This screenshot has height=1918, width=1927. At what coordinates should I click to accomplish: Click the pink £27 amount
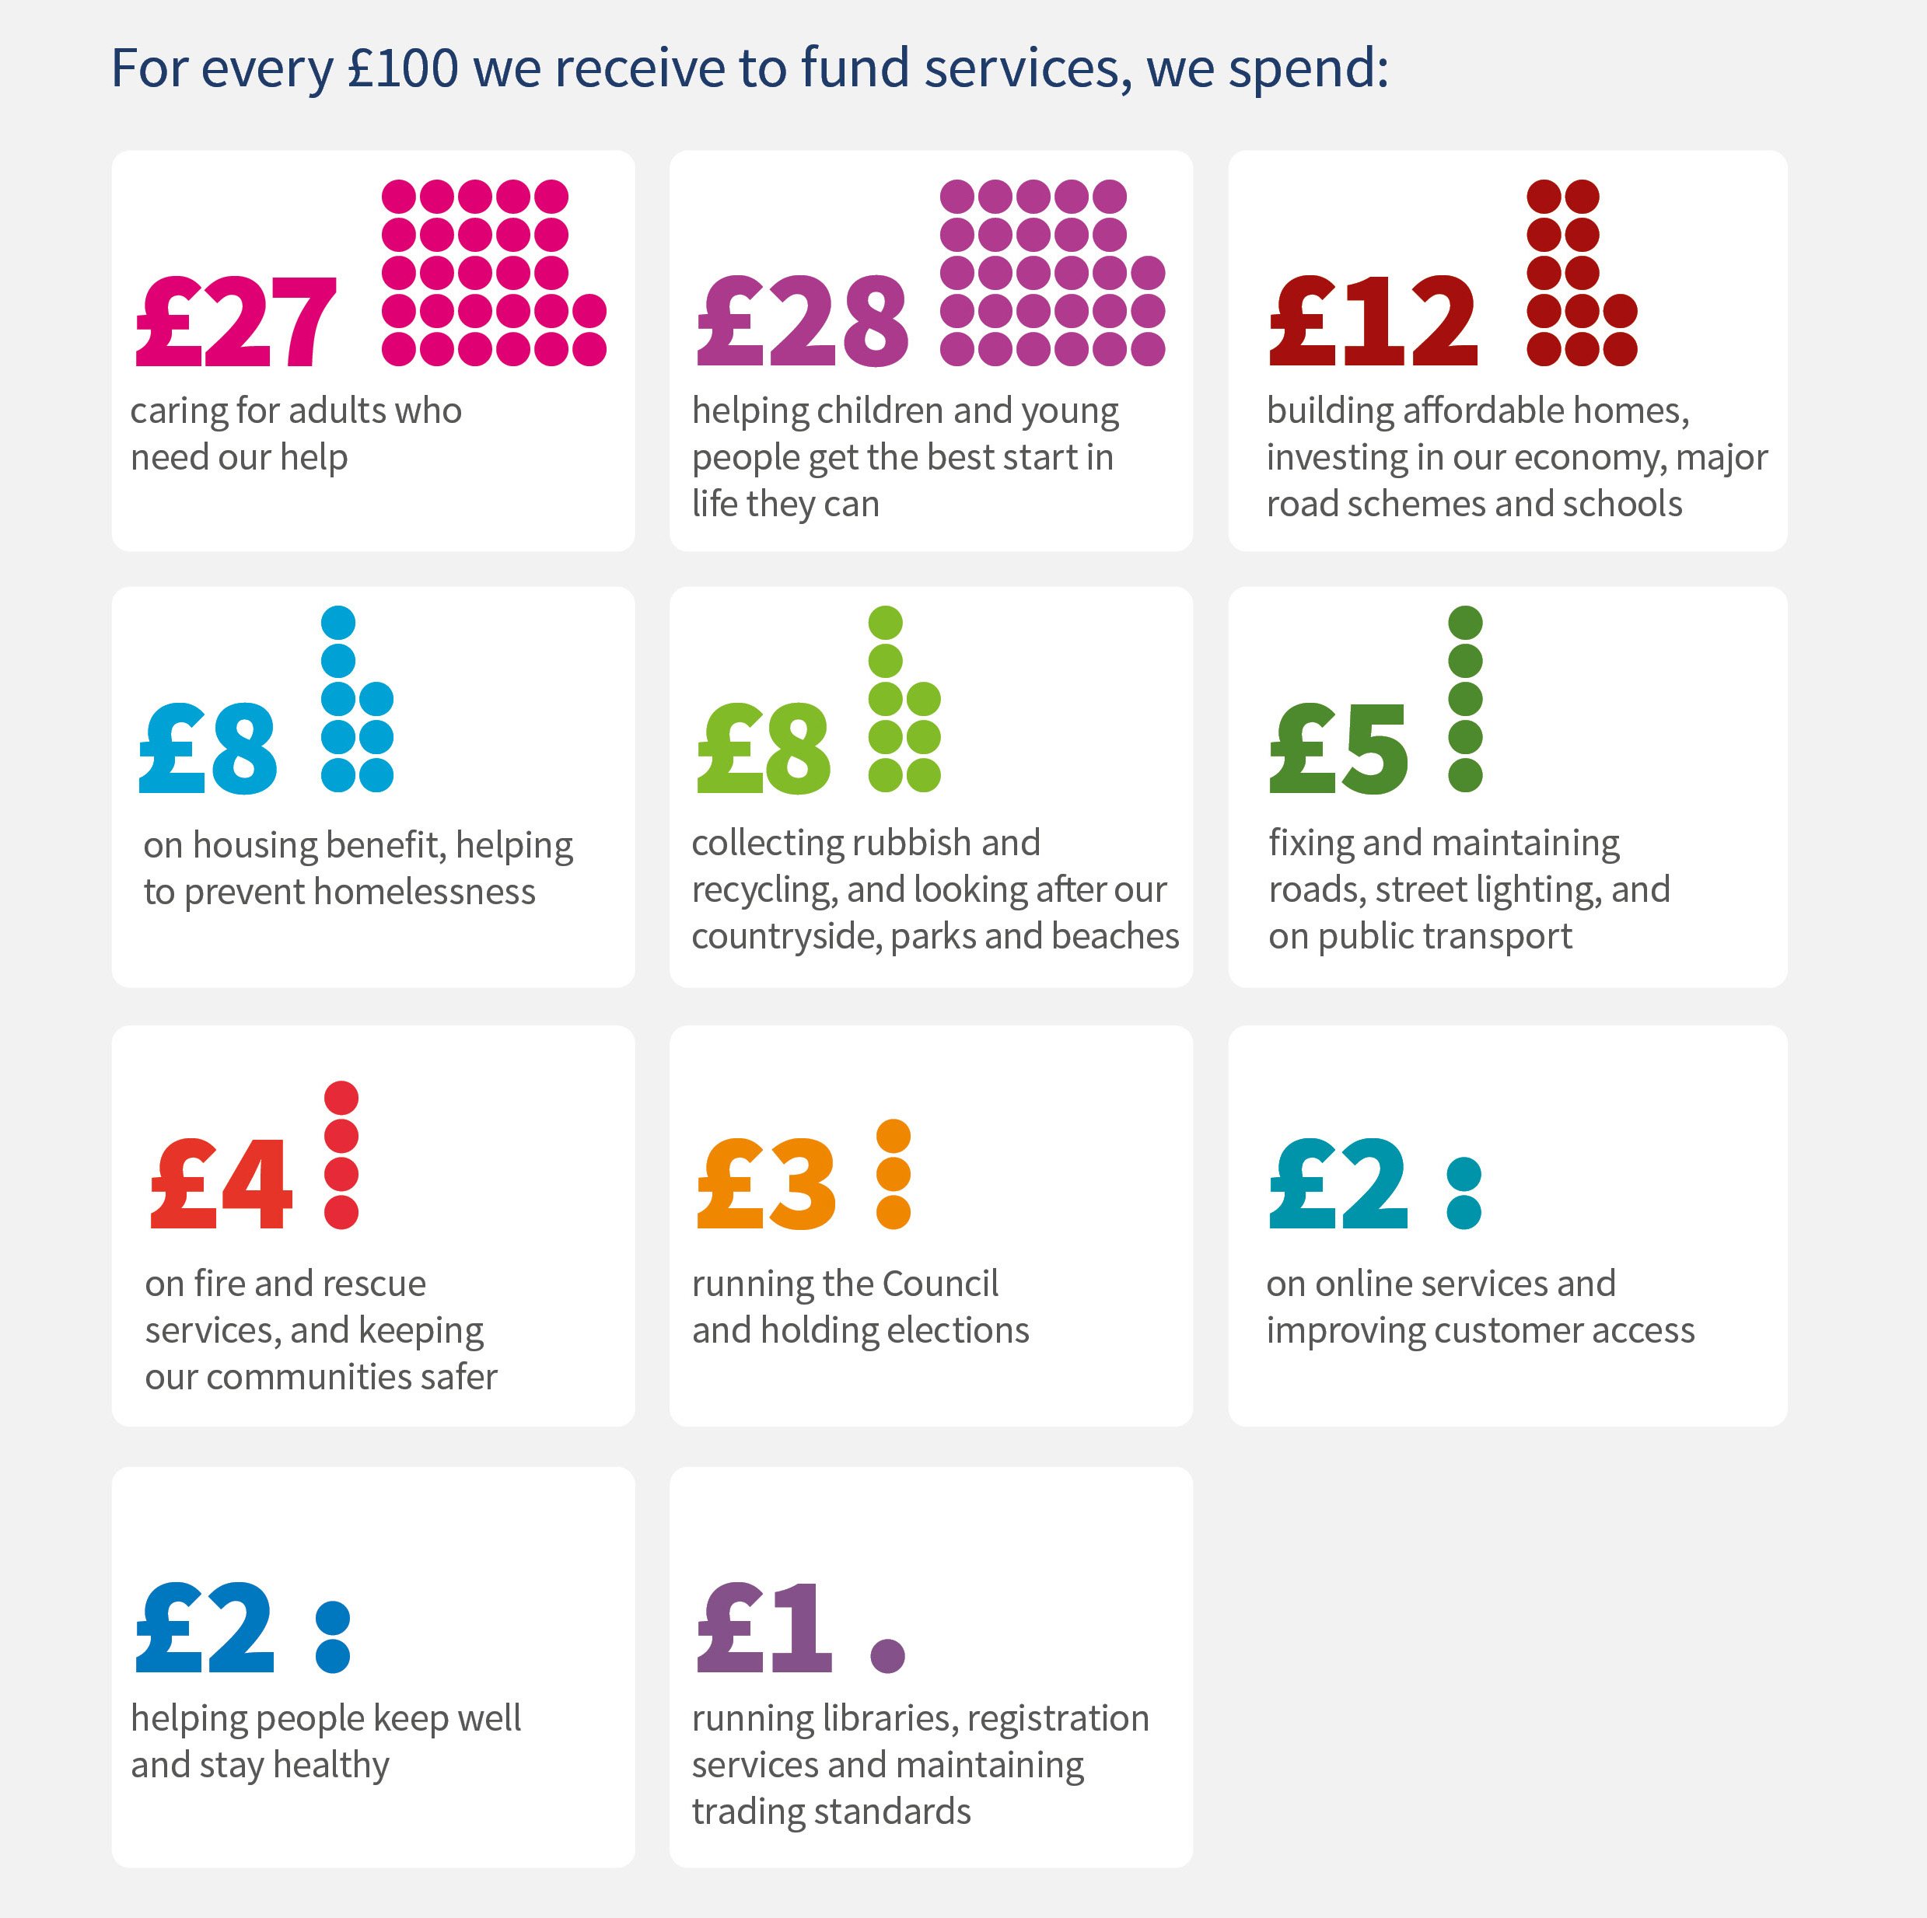click(x=236, y=321)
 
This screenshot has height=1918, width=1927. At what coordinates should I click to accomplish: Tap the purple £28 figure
click(x=802, y=321)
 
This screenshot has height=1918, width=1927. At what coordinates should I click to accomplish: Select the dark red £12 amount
click(x=1373, y=321)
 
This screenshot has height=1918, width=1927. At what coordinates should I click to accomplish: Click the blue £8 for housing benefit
click(x=208, y=748)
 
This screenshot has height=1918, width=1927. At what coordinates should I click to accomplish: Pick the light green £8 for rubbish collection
click(x=763, y=748)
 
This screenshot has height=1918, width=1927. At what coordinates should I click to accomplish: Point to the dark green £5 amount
click(x=1338, y=748)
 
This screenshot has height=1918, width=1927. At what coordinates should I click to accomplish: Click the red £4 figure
click(x=222, y=1184)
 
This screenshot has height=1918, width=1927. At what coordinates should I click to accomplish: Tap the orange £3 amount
click(x=766, y=1184)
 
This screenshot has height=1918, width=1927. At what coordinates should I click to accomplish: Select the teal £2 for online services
click(x=1338, y=1184)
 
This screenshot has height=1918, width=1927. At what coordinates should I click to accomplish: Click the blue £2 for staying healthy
click(x=205, y=1628)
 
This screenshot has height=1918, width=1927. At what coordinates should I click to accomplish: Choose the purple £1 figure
click(x=764, y=1628)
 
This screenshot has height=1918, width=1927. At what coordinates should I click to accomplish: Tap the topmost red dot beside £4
click(x=341, y=1097)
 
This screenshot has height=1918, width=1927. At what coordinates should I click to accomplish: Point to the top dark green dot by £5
click(x=1465, y=623)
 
